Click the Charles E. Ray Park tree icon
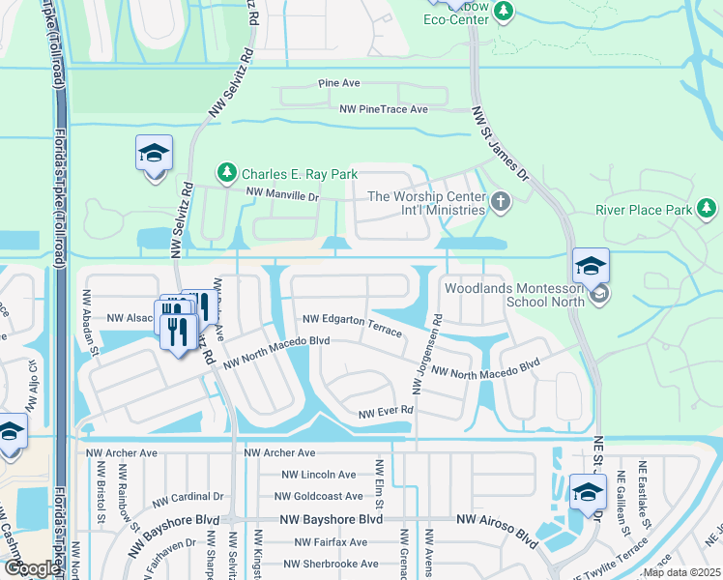(227, 173)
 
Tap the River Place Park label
(644, 209)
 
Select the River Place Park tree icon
(707, 208)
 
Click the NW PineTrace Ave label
(384, 109)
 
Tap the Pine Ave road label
(339, 84)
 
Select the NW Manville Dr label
(282, 195)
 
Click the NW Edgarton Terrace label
(352, 324)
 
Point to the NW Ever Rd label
(386, 412)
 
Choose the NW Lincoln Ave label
(319, 475)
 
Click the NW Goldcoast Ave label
(323, 496)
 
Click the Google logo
(31, 568)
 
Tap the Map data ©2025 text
(680, 572)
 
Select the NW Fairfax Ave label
(320, 542)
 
